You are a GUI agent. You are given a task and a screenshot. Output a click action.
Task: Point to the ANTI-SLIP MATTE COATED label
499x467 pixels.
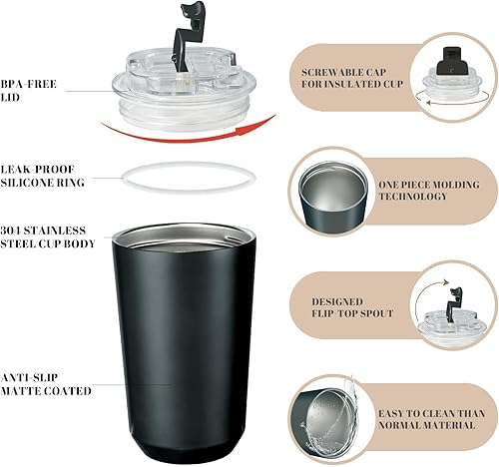coord(47,382)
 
